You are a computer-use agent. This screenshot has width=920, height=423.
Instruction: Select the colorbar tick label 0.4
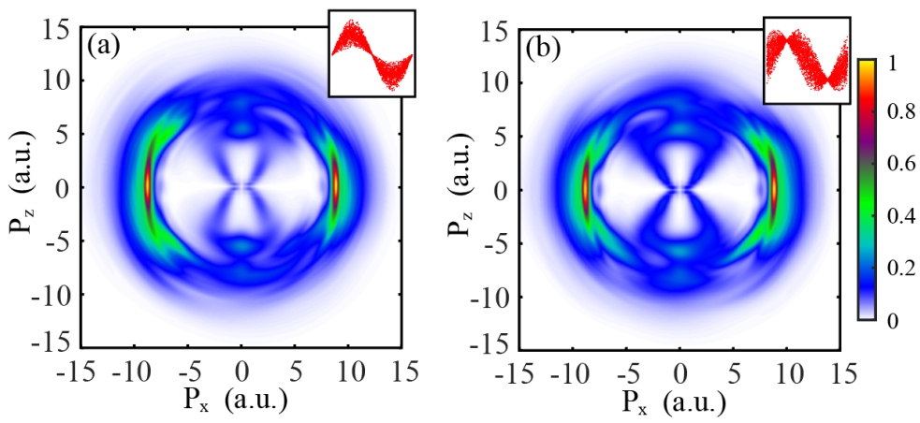tap(897, 222)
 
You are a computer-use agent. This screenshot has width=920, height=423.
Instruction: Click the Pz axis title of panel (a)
tap(22, 187)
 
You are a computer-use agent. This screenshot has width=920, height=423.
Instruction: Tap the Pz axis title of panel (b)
tap(460, 188)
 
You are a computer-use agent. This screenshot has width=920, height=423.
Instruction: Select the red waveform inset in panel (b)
tap(807, 58)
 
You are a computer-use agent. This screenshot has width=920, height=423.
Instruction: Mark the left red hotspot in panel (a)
tap(148, 185)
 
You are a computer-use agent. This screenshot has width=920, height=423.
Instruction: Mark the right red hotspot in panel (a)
tap(335, 185)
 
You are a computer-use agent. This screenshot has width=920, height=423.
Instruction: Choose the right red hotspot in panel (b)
tap(774, 187)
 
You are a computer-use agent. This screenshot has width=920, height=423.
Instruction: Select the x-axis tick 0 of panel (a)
tap(242, 371)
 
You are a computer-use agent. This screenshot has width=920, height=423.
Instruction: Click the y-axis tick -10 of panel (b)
tap(494, 297)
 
